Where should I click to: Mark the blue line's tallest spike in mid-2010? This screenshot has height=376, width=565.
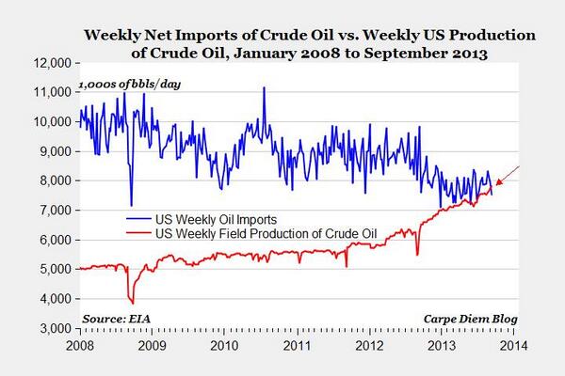coord(264,88)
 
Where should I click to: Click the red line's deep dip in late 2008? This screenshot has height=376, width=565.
coord(132,302)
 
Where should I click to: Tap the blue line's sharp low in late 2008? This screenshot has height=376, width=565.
coord(131,204)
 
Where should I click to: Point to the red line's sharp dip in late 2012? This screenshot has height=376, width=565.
coord(417,254)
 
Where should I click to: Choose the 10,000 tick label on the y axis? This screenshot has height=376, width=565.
coord(53,122)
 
